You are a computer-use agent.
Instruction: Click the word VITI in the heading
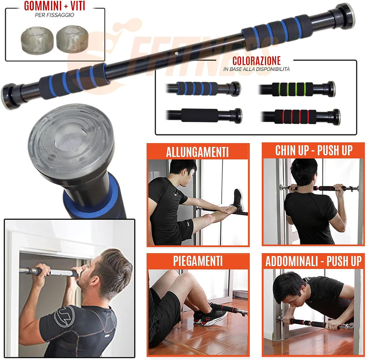(75, 6)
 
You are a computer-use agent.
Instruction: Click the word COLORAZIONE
(257, 61)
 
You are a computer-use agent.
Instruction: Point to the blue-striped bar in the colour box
(200, 88)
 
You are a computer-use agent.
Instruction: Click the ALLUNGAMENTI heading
(198, 152)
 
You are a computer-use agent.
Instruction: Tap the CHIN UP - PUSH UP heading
(313, 150)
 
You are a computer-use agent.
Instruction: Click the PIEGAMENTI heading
(198, 261)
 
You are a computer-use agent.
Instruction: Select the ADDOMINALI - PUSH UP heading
(313, 261)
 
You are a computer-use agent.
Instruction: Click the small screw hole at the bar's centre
(175, 53)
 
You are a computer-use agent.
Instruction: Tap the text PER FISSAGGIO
(54, 15)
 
